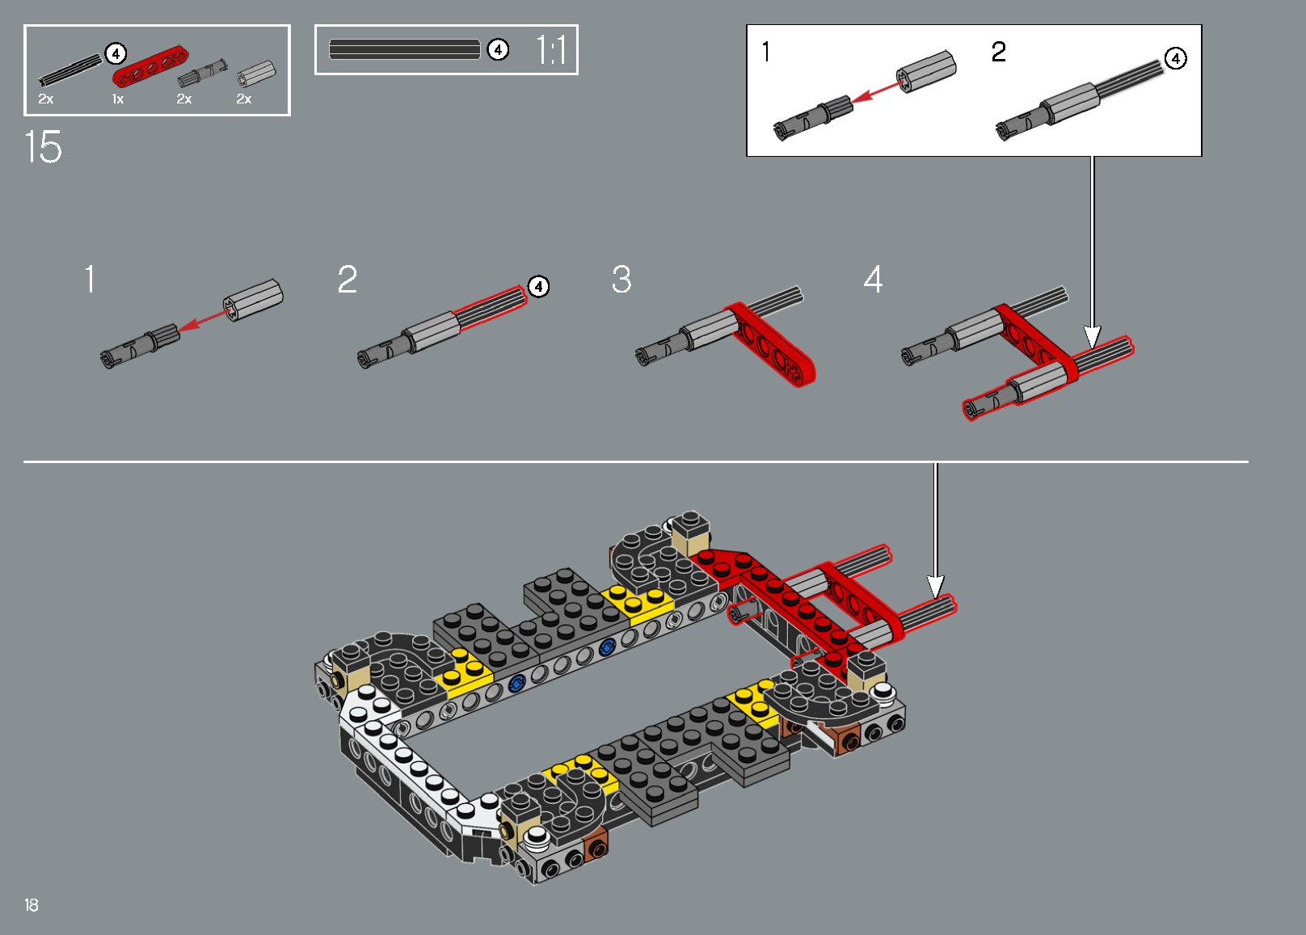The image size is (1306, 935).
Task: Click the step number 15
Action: tap(43, 147)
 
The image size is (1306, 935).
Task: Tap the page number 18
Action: tap(31, 904)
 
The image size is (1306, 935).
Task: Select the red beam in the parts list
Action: tap(150, 67)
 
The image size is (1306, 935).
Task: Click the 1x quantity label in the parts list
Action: tap(118, 99)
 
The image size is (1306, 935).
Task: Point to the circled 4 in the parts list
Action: tap(116, 54)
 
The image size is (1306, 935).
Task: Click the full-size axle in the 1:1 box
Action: tap(404, 50)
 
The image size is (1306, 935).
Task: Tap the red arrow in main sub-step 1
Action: tap(201, 318)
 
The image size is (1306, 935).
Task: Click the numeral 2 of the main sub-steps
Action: tap(348, 280)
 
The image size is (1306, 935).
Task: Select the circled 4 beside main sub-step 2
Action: tap(538, 286)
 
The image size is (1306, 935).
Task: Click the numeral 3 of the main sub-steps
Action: tap(621, 280)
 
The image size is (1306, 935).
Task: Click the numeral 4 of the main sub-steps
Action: tap(873, 280)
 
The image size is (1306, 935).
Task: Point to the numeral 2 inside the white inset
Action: tap(999, 52)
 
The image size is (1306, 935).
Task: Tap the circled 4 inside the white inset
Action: tap(1176, 58)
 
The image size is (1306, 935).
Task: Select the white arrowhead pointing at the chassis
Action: tap(935, 588)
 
